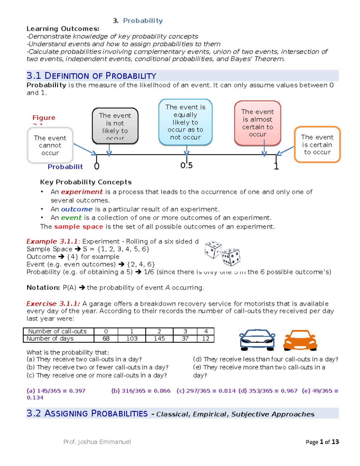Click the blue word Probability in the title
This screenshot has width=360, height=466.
point(143,21)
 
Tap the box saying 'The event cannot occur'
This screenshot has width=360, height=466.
point(50,146)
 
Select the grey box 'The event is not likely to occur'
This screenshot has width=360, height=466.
point(115,126)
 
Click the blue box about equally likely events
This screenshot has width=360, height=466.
point(185,122)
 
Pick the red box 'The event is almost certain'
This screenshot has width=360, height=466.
point(257,123)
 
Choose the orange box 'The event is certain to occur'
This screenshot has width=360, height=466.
point(317,145)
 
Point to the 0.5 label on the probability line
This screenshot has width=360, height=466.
point(187,165)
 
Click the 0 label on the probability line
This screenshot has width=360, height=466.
point(97,166)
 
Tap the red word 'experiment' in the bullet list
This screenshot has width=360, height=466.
point(82,192)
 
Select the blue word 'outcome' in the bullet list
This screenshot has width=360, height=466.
point(76,209)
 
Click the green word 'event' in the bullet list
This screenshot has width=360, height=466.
point(71,218)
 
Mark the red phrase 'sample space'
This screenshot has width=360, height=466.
point(79,227)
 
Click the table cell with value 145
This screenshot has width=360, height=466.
point(159,339)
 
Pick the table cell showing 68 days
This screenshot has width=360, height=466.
point(106,339)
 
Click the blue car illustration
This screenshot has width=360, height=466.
point(257,340)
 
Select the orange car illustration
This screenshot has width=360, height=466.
point(300,340)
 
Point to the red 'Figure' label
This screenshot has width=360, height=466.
point(44,118)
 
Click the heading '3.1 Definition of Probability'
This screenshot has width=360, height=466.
point(91,76)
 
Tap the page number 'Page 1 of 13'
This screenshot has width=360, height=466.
point(322,442)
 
